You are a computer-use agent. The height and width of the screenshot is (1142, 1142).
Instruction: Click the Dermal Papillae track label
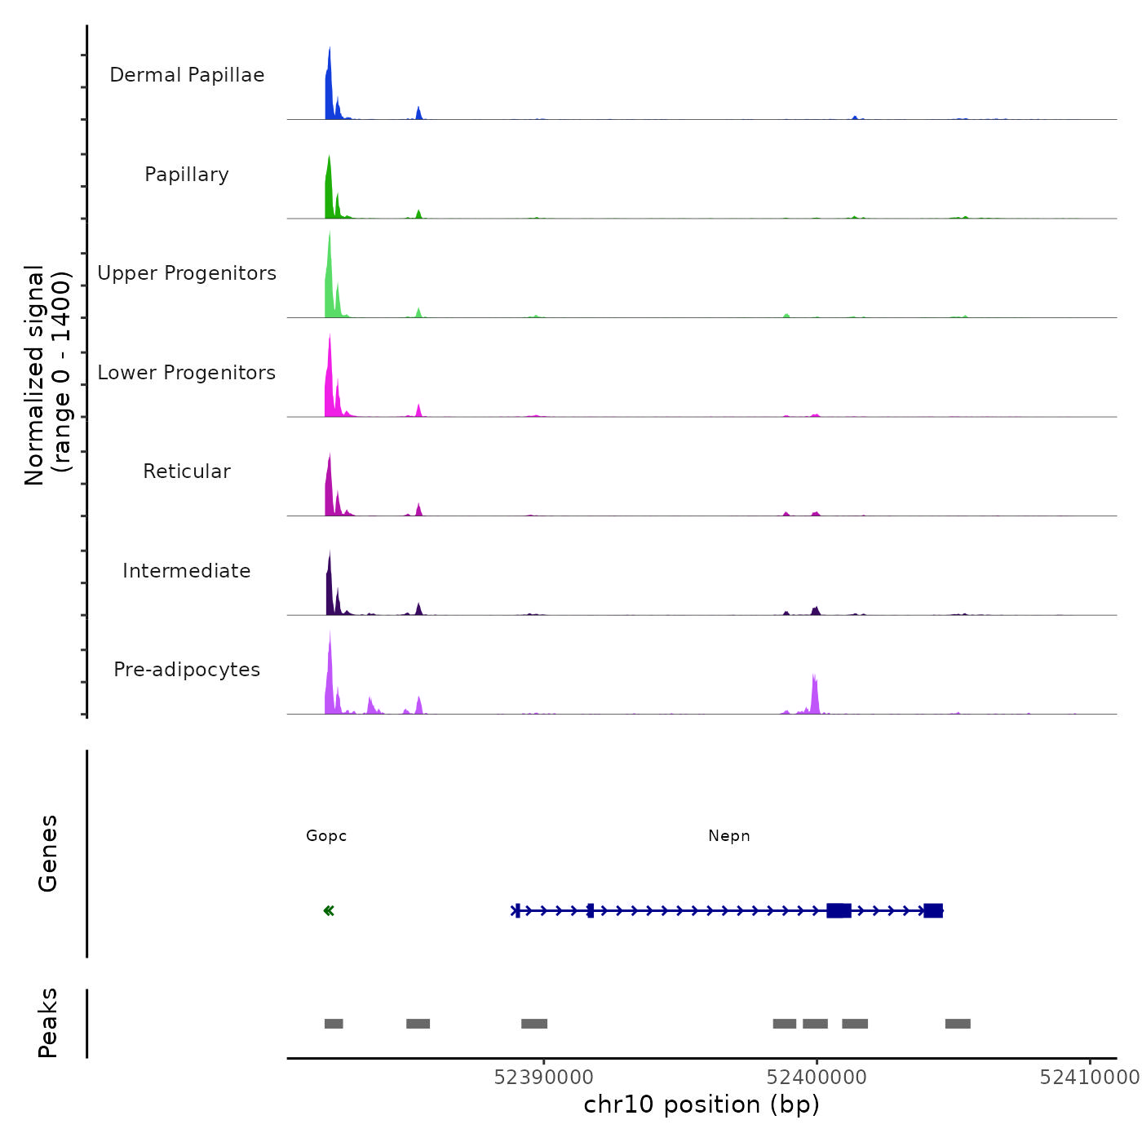tap(187, 75)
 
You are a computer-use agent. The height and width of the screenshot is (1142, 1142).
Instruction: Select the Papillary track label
tap(187, 175)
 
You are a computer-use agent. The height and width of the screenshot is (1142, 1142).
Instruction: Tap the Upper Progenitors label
tap(187, 273)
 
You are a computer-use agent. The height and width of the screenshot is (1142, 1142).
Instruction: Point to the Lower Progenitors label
tap(187, 373)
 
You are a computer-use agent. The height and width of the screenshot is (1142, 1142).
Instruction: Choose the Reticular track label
tap(187, 471)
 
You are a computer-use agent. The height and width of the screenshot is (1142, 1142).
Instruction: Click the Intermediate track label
tap(187, 571)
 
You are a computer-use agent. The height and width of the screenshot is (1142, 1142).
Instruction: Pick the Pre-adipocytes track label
tap(187, 670)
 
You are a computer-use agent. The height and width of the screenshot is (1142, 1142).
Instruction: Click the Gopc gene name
tap(326, 836)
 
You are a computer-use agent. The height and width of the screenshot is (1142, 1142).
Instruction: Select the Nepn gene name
tap(729, 836)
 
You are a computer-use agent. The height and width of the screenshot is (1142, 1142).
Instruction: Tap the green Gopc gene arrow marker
tap(329, 911)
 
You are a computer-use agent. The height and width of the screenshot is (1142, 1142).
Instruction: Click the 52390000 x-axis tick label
tap(544, 1078)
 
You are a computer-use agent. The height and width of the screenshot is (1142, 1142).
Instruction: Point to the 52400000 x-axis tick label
tap(817, 1078)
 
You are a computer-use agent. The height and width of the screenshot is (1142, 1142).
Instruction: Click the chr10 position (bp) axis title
tap(702, 1104)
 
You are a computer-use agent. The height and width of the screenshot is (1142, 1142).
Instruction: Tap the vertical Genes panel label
tap(47, 853)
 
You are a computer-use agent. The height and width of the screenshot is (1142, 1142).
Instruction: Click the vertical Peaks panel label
tap(47, 1023)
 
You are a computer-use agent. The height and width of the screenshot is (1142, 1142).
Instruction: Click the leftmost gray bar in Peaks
tap(334, 1024)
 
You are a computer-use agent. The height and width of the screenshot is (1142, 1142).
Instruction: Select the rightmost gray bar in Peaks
tap(958, 1024)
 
